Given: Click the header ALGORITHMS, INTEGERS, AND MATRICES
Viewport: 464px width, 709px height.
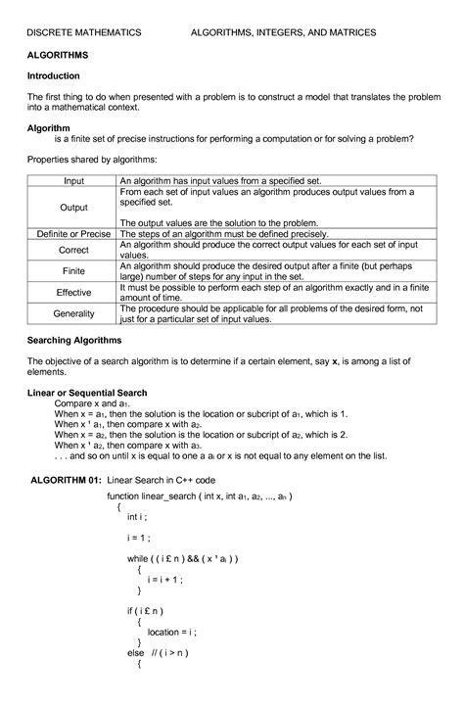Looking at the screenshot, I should click(x=283, y=33).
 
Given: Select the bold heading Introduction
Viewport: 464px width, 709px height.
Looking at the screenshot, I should click(x=54, y=75).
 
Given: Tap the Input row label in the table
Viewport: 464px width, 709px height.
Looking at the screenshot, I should click(x=74, y=181).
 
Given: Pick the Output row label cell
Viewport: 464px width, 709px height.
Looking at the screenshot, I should click(x=74, y=208).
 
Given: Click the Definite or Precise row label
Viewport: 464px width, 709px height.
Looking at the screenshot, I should click(x=74, y=235).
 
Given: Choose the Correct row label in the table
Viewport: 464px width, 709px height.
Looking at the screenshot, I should click(x=74, y=251).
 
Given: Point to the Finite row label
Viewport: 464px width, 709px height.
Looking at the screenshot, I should click(x=74, y=270).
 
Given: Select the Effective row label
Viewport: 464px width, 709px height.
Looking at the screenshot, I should click(x=74, y=292).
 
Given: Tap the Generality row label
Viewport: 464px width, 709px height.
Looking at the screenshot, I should click(x=74, y=313).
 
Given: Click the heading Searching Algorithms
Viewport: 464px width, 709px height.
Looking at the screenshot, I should click(x=74, y=340).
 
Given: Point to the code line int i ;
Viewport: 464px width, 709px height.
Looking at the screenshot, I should click(x=136, y=516).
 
